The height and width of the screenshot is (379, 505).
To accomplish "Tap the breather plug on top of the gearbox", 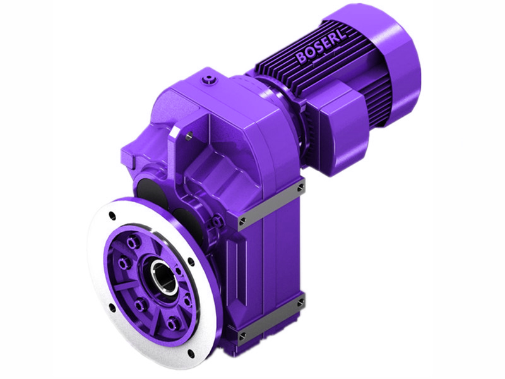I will pos(208,80).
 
